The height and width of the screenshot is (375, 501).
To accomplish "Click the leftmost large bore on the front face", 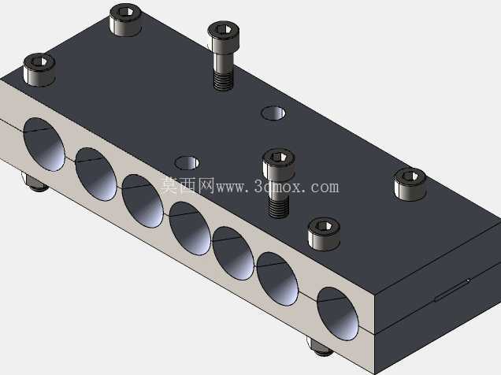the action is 44,144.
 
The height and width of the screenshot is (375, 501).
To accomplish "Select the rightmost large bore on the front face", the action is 338,314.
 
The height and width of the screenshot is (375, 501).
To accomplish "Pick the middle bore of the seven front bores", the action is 190,228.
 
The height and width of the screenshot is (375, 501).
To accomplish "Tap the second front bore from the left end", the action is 96,174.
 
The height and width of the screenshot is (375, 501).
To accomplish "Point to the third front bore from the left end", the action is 143,201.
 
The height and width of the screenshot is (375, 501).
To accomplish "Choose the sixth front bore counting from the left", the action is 277,279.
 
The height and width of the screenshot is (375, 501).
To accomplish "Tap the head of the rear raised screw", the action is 224,38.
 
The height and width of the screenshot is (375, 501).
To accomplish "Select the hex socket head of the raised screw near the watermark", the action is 279,165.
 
